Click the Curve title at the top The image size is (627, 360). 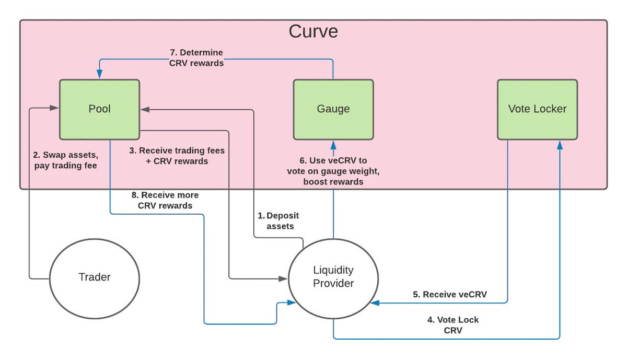[313, 31]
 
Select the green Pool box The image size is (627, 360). [99, 109]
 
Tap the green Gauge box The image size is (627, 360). [333, 109]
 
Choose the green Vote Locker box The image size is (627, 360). [537, 109]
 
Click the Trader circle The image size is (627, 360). [94, 277]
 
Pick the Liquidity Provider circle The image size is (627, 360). [333, 277]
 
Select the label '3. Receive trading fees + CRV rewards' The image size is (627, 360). [177, 156]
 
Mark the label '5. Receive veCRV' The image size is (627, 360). [450, 294]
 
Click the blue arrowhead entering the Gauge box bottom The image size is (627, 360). [333, 144]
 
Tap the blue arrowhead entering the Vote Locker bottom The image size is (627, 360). [560, 144]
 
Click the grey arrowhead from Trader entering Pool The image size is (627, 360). [55, 109]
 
